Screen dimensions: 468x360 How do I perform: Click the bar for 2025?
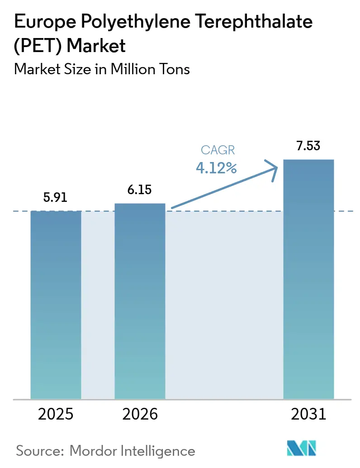tap(56, 305)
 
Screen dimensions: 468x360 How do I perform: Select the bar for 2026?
tap(140, 301)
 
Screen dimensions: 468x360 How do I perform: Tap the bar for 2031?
tap(308, 279)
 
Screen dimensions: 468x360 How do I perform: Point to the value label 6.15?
tap(140, 191)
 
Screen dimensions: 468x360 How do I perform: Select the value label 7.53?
tap(308, 147)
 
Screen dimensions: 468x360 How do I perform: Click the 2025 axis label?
tap(56, 414)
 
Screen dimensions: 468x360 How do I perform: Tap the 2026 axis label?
tap(140, 414)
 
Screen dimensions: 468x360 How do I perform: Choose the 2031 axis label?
tap(308, 414)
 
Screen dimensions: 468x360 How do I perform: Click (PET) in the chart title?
tap(36, 45)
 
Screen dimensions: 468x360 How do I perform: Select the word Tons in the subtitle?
tap(174, 69)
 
